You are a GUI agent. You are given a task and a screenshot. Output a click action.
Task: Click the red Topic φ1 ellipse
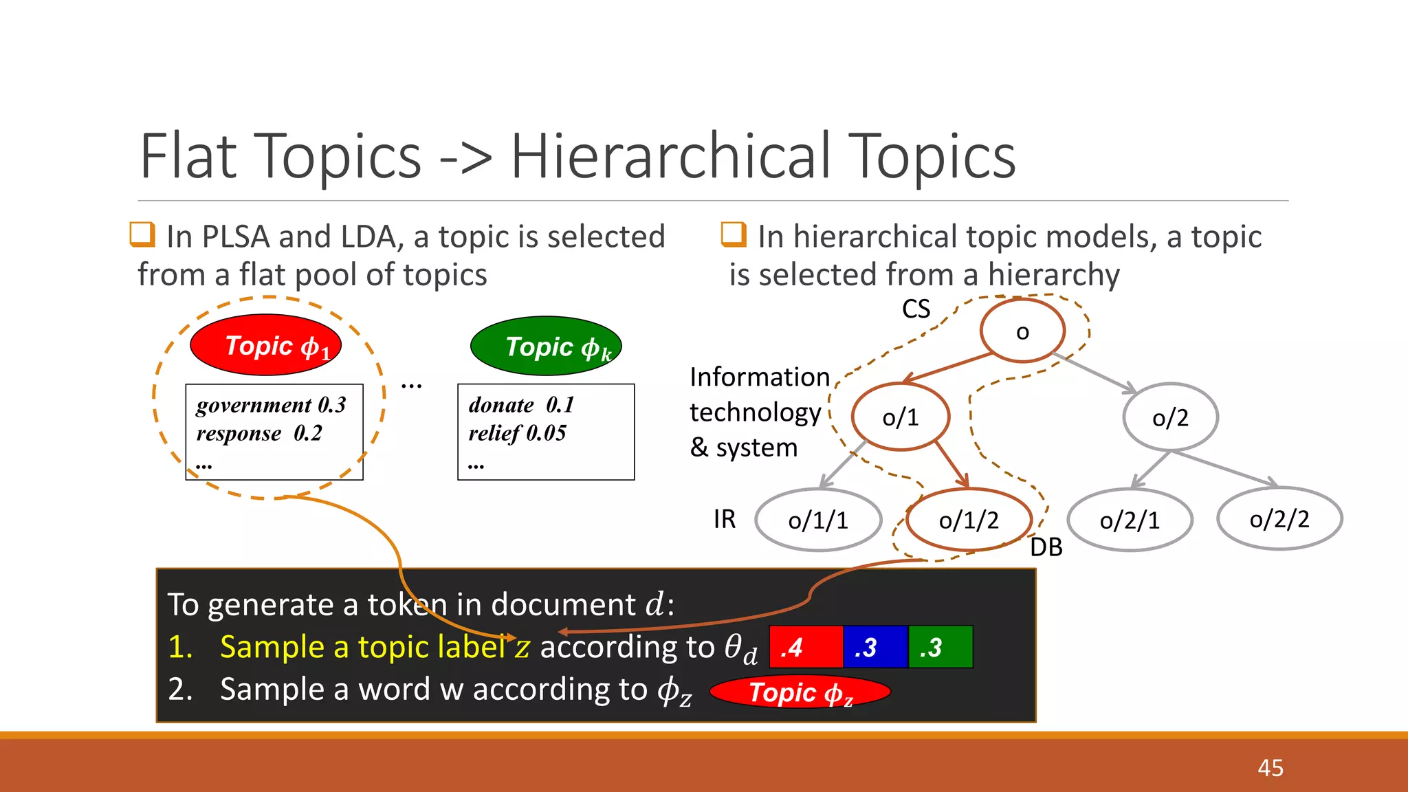266,345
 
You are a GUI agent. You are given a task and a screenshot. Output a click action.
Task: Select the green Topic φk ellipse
546,346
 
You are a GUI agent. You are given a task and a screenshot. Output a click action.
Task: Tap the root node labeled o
1022,331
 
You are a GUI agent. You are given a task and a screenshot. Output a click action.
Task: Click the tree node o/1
901,417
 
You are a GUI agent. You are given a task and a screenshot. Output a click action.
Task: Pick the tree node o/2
1170,417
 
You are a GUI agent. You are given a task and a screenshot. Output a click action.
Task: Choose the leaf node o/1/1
818,520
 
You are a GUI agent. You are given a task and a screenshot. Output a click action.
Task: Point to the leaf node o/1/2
969,520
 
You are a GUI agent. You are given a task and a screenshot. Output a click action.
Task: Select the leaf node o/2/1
1130,520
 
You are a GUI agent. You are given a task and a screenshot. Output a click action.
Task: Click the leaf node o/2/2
1279,519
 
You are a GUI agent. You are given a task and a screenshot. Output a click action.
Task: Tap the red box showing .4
806,647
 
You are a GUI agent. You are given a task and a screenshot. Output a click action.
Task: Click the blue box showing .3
875,647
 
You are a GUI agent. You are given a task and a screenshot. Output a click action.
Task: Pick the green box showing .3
940,647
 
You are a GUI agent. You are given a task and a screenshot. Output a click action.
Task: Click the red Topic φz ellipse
800,692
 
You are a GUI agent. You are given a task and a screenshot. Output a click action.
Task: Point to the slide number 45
1270,768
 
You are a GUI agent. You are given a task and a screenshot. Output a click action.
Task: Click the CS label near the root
916,309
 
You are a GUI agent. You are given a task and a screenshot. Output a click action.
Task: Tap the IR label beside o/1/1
725,519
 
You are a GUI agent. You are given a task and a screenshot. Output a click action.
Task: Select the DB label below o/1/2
1046,547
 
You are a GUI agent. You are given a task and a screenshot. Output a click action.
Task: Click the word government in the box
254,406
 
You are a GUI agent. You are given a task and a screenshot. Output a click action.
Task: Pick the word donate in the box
501,405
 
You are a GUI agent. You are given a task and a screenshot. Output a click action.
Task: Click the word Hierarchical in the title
670,157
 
